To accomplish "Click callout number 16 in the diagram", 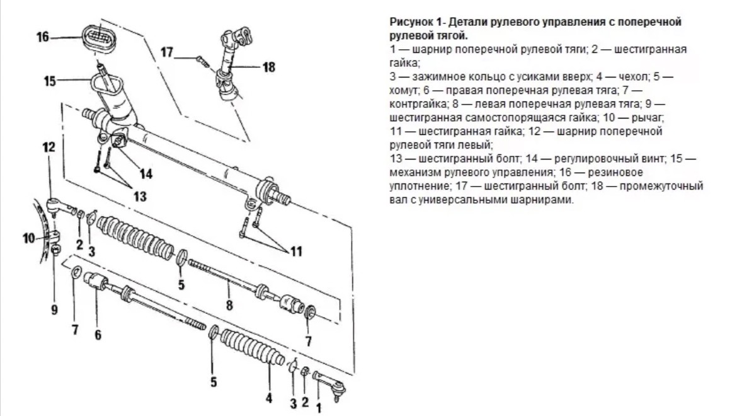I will (42, 37).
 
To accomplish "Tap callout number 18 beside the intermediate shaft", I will (269, 67).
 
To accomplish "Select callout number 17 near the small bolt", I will (166, 52).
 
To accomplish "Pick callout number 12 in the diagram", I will (49, 147).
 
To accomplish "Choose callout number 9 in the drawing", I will (54, 309).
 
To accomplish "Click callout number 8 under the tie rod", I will (229, 306).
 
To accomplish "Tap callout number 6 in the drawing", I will (97, 335).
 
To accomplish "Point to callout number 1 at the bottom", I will (318, 408).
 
